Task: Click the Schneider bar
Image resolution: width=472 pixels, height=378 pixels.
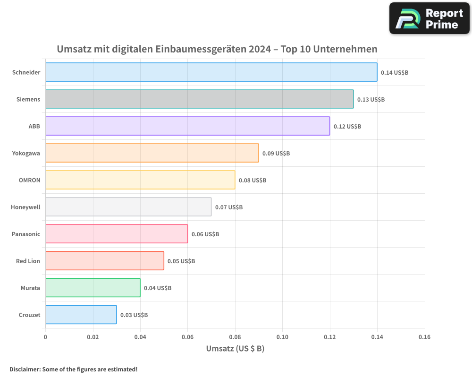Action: pyautogui.click(x=211, y=72)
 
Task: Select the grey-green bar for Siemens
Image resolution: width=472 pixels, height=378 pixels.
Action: pyautogui.click(x=199, y=99)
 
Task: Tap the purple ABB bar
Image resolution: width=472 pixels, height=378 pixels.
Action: pyautogui.click(x=187, y=126)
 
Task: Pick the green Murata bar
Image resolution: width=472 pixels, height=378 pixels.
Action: pyautogui.click(x=93, y=288)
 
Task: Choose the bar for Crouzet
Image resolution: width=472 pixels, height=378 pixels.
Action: pyautogui.click(x=81, y=315)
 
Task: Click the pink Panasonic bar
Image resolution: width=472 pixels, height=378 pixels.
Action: pyautogui.click(x=117, y=234)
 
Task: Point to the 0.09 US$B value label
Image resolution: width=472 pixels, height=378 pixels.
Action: pyautogui.click(x=276, y=154)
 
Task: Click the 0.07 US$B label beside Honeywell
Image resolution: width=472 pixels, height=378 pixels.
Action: pyautogui.click(x=229, y=207)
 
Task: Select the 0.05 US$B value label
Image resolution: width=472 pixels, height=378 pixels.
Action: pyautogui.click(x=181, y=261)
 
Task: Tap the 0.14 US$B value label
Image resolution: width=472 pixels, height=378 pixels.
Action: pyautogui.click(x=395, y=73)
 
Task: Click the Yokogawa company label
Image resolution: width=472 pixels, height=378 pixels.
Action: pyautogui.click(x=26, y=153)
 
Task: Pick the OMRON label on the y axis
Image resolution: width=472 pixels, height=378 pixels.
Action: pyautogui.click(x=29, y=180)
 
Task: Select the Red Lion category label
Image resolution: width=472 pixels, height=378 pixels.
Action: pyautogui.click(x=28, y=261)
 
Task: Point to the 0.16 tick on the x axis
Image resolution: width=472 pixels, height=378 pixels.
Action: pyautogui.click(x=424, y=337)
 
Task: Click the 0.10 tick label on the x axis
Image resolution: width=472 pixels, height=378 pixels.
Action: pyautogui.click(x=282, y=337)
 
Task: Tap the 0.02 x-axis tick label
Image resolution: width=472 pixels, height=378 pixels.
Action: pyautogui.click(x=93, y=337)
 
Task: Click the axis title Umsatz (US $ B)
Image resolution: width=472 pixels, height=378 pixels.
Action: pyautogui.click(x=235, y=349)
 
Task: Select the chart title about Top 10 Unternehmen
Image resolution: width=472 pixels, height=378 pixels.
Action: pyautogui.click(x=217, y=49)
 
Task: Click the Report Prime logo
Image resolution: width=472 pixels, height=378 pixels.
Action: pyautogui.click(x=430, y=18)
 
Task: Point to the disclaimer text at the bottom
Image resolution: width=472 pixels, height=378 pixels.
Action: pyautogui.click(x=73, y=369)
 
